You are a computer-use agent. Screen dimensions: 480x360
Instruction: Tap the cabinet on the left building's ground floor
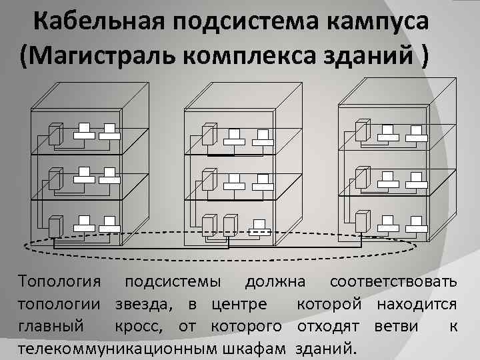(56, 227)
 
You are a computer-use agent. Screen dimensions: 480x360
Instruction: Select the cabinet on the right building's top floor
(362, 130)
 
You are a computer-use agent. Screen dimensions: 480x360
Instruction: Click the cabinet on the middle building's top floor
(209, 133)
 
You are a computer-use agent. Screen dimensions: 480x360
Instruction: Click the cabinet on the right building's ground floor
(362, 221)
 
